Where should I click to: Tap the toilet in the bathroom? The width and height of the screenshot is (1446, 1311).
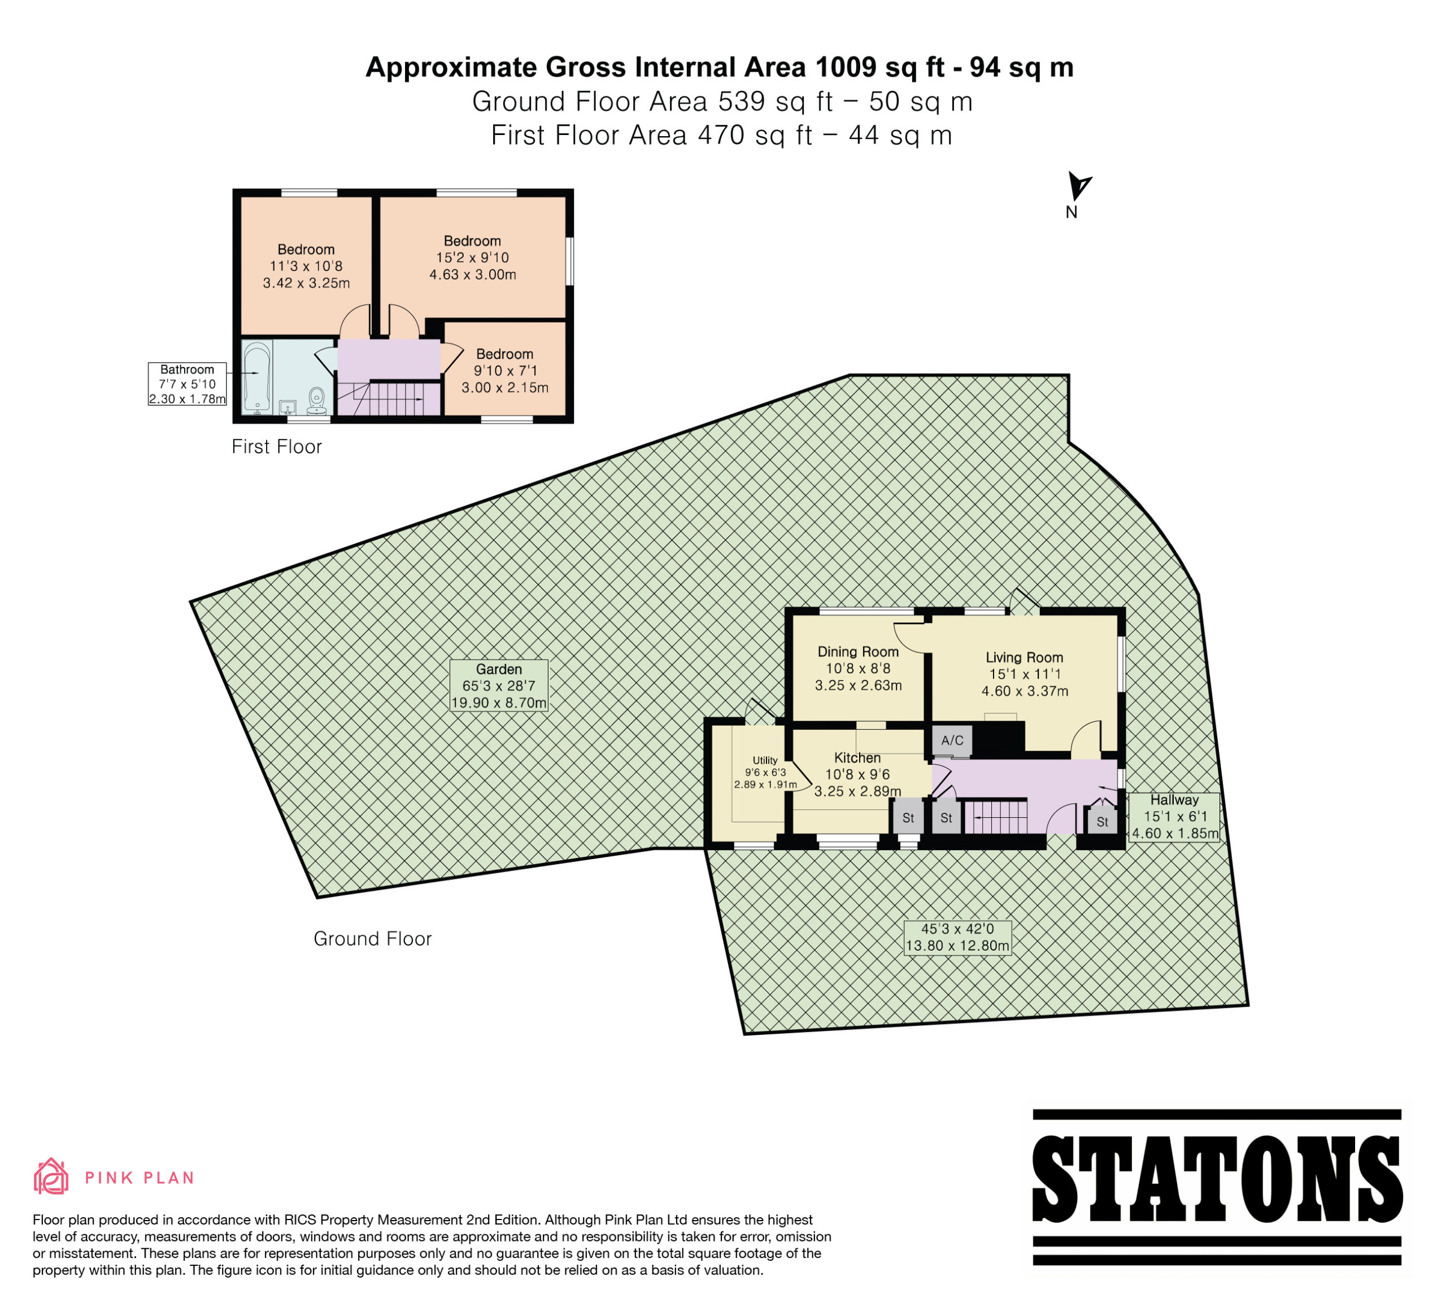[x=317, y=402]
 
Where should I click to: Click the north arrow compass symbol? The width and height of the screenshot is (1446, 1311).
[x=1078, y=186]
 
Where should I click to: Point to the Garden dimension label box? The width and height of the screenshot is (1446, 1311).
[x=499, y=686]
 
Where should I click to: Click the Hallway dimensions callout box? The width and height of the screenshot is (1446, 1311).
[x=1175, y=817]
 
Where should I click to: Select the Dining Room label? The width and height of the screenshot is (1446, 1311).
[x=859, y=668]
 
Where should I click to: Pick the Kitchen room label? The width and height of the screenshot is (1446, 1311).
[x=858, y=774]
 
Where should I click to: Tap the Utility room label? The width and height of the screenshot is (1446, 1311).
[x=765, y=772]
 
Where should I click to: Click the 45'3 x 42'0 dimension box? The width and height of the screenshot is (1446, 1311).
[x=957, y=937]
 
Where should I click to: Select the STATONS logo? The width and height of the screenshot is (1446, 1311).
[x=1217, y=1187]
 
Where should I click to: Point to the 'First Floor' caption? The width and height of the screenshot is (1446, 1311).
[x=277, y=447]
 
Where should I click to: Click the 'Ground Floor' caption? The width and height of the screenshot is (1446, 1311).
[x=372, y=939]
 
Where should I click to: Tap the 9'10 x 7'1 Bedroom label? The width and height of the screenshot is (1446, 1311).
[x=505, y=371]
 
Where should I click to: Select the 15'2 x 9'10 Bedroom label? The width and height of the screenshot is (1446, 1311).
[x=473, y=258]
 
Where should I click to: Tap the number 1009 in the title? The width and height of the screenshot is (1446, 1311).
[x=846, y=67]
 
